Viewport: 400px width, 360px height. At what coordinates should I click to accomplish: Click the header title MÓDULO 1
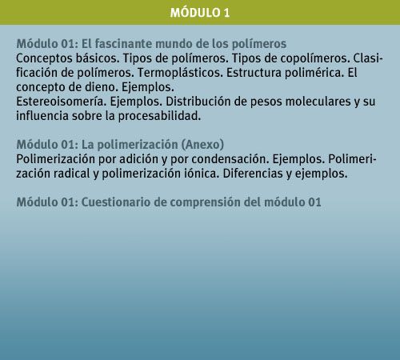[x=200, y=13]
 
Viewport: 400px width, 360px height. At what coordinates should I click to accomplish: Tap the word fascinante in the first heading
[x=124, y=44]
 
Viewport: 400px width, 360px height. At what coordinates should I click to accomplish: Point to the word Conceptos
[x=44, y=58]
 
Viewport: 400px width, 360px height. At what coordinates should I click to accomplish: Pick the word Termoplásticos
[x=180, y=73]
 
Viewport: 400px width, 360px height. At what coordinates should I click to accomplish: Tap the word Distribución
[x=198, y=102]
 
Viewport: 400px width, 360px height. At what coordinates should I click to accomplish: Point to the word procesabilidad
[x=159, y=116]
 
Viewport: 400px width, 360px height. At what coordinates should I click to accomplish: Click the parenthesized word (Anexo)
[x=202, y=145]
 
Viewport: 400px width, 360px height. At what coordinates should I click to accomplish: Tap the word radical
[x=71, y=174]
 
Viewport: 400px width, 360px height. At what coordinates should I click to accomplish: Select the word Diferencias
[x=253, y=174]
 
